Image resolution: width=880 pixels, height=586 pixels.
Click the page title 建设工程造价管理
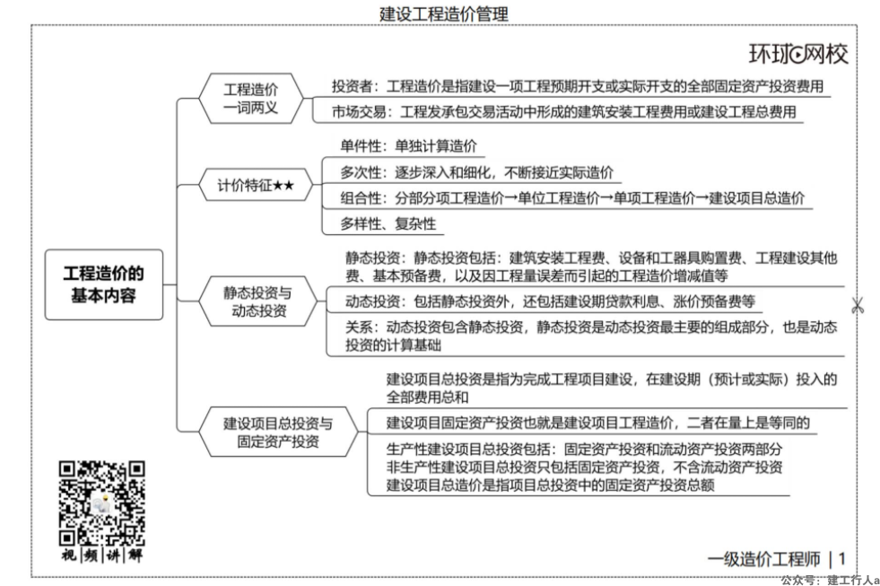(x=444, y=13)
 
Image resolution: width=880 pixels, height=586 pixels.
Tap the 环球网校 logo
(x=798, y=55)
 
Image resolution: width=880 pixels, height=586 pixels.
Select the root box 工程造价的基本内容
(x=104, y=284)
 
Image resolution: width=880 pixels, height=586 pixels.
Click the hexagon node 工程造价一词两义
(x=251, y=98)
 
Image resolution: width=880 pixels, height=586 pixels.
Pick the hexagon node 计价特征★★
(x=256, y=185)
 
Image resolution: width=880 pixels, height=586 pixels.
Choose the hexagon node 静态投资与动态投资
(x=258, y=301)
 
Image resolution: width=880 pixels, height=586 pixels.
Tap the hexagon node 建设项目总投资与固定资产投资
(x=278, y=432)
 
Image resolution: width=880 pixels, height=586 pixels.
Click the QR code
(x=101, y=503)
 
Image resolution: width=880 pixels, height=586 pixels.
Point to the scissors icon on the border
(x=857, y=307)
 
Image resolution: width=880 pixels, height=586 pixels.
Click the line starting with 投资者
(x=578, y=86)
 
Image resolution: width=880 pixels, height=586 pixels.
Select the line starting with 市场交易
(x=563, y=112)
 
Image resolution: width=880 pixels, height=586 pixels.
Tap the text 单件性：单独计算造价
(x=408, y=146)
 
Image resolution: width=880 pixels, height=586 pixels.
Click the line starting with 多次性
(x=476, y=172)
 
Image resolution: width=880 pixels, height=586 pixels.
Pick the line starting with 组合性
(x=572, y=198)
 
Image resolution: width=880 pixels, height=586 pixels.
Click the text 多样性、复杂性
(x=388, y=224)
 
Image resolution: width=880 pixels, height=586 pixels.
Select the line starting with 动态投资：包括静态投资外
(x=550, y=302)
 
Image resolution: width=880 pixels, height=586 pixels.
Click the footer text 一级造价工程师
(x=763, y=559)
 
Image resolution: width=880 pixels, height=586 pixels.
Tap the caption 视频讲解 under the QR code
(x=101, y=555)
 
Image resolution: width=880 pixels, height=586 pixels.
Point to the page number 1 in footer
(x=841, y=559)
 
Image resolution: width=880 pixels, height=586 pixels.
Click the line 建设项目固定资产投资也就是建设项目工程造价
(x=597, y=424)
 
